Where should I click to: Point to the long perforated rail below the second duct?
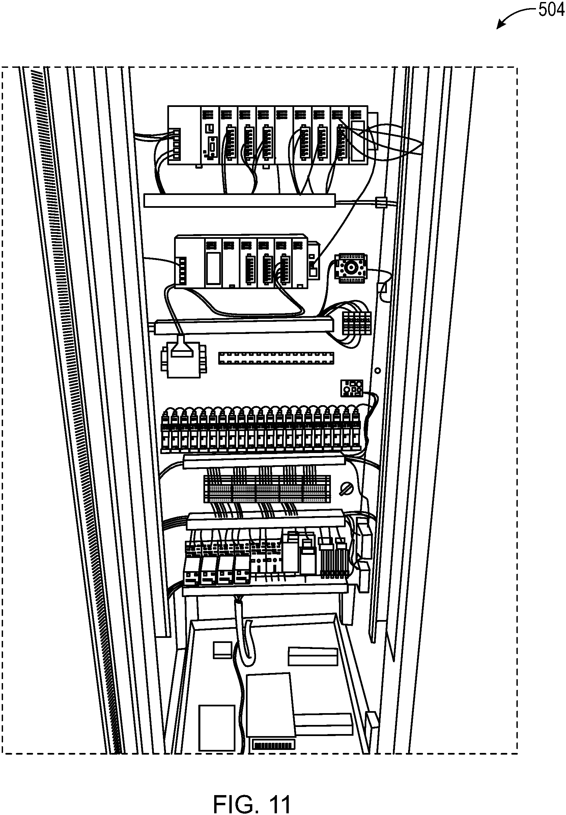coord(276,358)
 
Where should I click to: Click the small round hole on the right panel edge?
coord(378,371)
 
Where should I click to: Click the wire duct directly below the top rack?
coord(240,200)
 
